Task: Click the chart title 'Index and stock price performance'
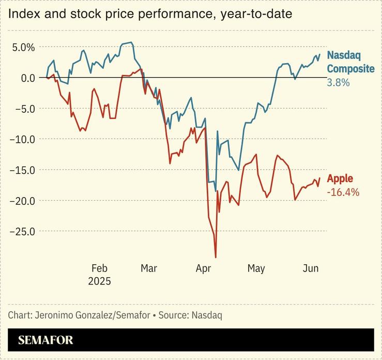[150, 14]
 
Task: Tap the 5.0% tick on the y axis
[23, 47]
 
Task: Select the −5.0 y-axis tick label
[24, 109]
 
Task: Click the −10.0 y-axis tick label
[22, 139]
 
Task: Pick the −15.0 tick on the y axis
[22, 170]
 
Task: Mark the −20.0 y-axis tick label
[22, 201]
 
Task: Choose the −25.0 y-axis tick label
[22, 231]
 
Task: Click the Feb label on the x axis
[99, 268]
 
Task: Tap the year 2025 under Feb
[99, 281]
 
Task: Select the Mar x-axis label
[149, 268]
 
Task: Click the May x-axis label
[256, 268]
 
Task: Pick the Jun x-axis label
[310, 268]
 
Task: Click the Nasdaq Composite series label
[350, 62]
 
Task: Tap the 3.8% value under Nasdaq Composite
[338, 82]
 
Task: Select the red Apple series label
[340, 179]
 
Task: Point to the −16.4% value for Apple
[343, 192]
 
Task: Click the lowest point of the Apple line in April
[216, 257]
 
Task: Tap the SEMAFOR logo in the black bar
[45, 340]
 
